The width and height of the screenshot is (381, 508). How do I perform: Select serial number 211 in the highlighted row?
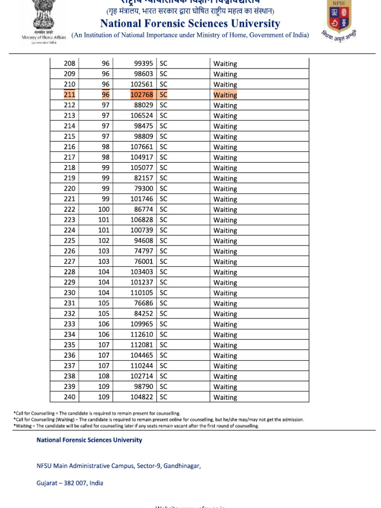pos(70,95)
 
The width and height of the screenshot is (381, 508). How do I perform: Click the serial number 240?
pos(70,397)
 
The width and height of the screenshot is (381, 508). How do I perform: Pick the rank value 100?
pos(104,209)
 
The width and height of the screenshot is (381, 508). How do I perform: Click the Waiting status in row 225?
pos(225,241)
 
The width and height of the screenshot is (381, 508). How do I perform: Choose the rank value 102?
pos(104,241)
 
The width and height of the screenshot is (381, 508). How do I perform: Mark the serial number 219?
pos(70,178)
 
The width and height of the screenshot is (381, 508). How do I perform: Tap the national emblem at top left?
pos(43,15)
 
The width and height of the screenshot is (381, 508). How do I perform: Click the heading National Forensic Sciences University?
pos(190,23)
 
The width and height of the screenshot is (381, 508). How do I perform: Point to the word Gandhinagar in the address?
pos(182,466)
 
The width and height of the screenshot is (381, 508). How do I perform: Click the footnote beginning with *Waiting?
pos(136,426)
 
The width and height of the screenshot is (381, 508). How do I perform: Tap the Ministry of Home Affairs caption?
pos(44,38)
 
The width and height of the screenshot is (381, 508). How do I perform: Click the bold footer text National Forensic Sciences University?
pos(89,440)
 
